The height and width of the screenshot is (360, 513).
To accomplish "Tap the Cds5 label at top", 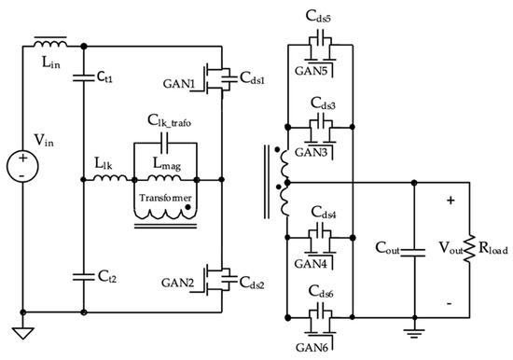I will point(319,15).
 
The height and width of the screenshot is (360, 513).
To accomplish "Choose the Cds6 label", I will point(320,288).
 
